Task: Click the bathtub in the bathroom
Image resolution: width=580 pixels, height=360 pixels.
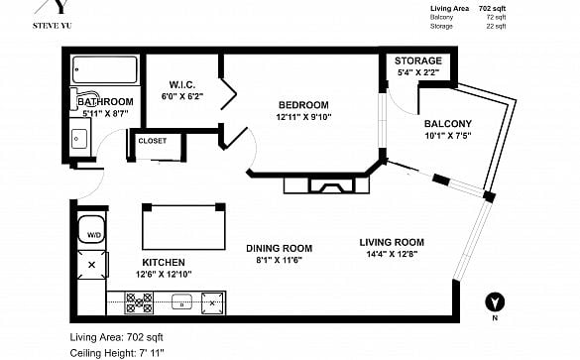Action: coord(105,69)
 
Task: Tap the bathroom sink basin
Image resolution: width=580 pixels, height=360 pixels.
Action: coord(79,139)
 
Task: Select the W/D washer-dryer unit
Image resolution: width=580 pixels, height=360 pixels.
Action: coord(91,229)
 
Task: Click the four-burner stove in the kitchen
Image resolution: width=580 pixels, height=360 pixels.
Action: coord(139,303)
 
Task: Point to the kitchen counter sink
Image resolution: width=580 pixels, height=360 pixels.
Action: coord(182,301)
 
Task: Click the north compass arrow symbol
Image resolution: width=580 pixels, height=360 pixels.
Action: coord(495,301)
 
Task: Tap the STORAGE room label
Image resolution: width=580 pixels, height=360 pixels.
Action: coord(418,60)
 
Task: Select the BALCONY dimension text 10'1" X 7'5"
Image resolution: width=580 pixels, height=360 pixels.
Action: coord(448,136)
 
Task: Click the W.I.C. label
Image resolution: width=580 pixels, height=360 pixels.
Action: coord(182,84)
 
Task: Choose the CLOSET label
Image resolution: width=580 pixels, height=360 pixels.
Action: coord(153,141)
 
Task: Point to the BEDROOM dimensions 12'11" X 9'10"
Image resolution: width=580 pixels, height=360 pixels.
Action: coord(303,117)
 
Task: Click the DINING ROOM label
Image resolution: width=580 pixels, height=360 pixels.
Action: coord(280,248)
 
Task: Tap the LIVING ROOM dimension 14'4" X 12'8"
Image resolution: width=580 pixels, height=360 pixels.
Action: coord(392,254)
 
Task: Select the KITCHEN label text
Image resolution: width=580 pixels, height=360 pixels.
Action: coord(164,263)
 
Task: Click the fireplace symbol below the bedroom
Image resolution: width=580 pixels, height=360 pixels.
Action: coord(326,184)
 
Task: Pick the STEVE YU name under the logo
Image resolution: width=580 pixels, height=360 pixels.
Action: coord(53,26)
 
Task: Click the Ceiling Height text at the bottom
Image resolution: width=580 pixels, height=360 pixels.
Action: coord(117,353)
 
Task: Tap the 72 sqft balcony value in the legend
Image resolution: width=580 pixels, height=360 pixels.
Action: coord(496,17)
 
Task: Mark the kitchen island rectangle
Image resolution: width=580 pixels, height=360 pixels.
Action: coord(183,226)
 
